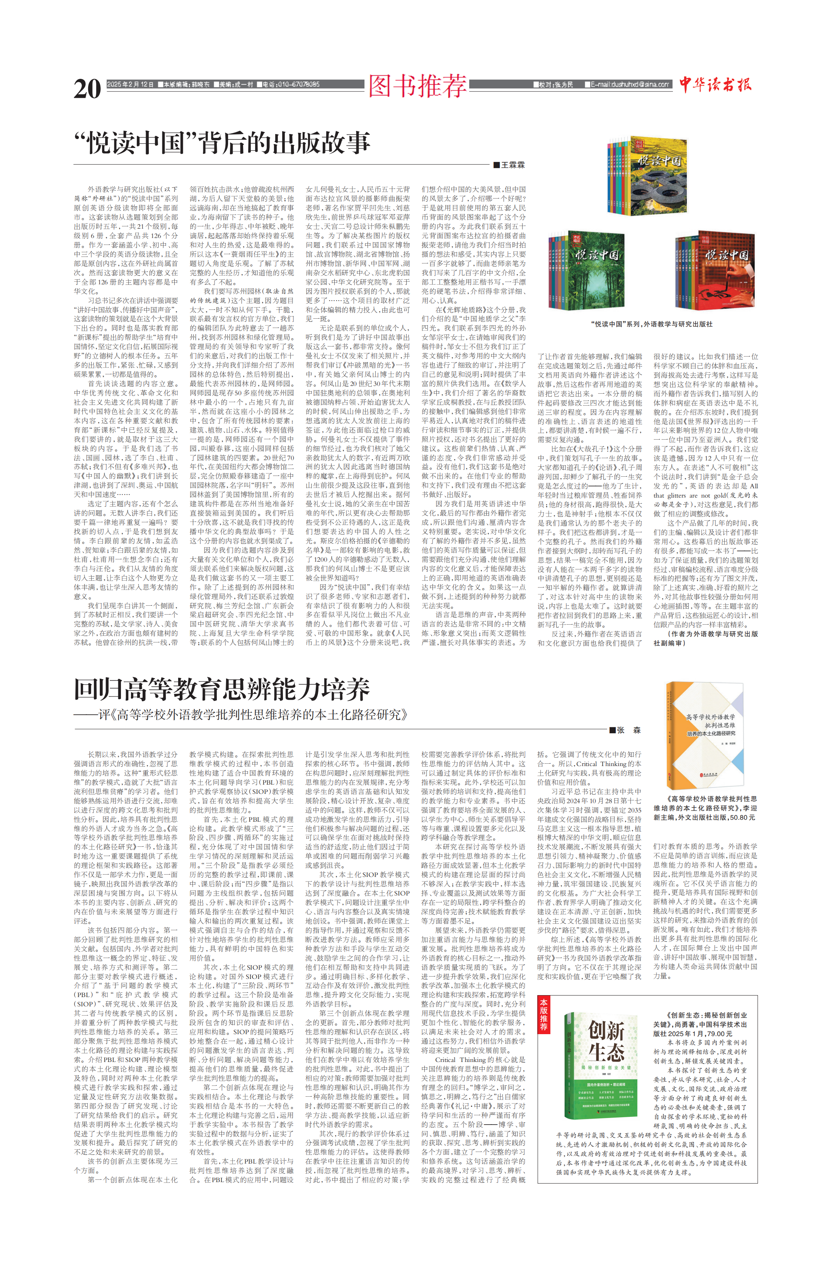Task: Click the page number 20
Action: coord(87,89)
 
